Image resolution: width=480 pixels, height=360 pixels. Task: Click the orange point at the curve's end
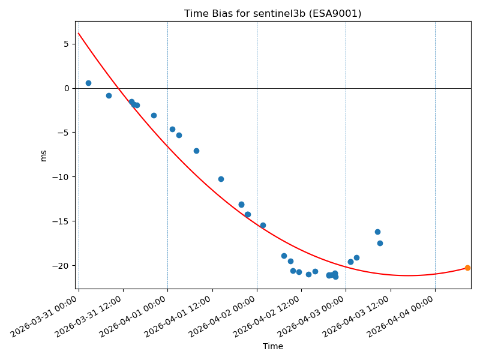coord(467,268)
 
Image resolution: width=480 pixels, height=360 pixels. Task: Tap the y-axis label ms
coord(43,155)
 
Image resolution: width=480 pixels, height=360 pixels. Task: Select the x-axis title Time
coord(272,346)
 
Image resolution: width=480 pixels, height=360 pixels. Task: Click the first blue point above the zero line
coord(88,83)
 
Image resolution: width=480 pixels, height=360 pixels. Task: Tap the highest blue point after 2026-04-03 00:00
coord(377,232)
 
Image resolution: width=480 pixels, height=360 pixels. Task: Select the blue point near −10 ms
coord(221,179)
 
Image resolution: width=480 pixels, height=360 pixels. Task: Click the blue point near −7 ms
coord(196,151)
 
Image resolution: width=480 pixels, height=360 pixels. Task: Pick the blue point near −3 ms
coord(154,115)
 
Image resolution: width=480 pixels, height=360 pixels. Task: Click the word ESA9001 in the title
coord(340,14)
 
